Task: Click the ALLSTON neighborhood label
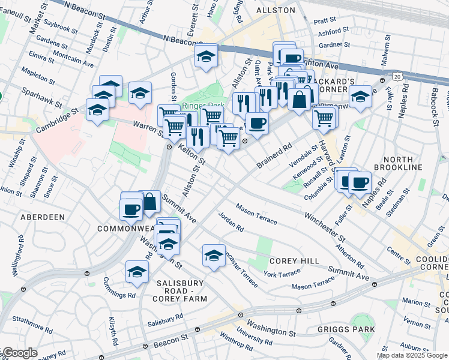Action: coord(276,10)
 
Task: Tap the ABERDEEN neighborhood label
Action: coord(42,217)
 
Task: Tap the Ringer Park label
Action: coord(198,106)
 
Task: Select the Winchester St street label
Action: coord(323,224)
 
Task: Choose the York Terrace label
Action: coord(281,273)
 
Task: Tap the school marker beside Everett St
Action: coord(206,56)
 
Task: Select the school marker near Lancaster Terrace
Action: coord(214,256)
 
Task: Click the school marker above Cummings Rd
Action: coord(137,271)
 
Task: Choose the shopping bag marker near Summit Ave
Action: coord(150,202)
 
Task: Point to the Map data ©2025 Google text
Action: coord(411,355)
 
